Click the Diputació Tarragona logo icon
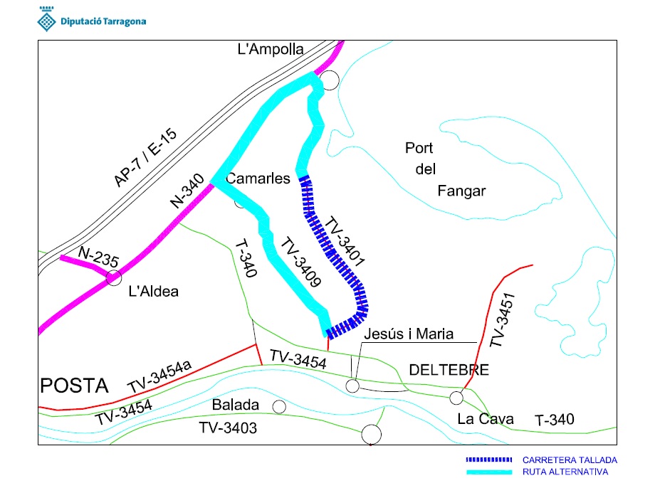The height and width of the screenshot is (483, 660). [45, 20]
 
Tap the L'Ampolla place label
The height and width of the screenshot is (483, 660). [271, 49]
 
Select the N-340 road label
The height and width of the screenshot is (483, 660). [187, 191]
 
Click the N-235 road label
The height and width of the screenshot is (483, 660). [98, 256]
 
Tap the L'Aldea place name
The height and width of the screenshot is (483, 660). [153, 291]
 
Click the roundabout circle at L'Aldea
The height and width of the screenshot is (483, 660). [114, 277]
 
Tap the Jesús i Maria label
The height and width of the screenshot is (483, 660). [408, 334]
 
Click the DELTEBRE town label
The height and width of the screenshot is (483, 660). [449, 370]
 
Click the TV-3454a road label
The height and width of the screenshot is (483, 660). [162, 376]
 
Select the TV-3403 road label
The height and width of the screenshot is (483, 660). [228, 428]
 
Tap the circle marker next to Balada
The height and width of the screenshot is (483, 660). [279, 406]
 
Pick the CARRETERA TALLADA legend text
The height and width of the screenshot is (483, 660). [570, 460]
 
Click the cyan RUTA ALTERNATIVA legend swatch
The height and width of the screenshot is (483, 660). [489, 472]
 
